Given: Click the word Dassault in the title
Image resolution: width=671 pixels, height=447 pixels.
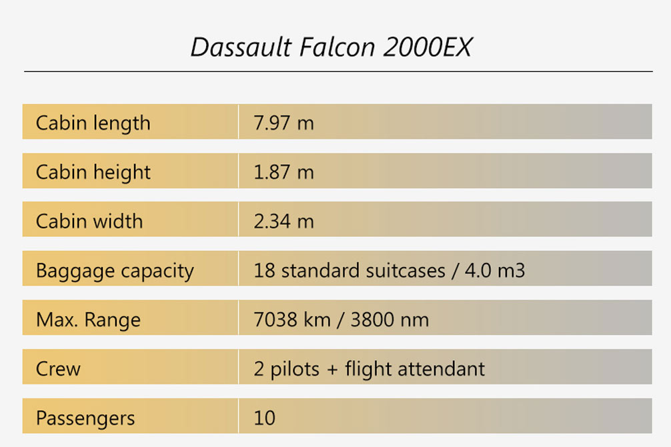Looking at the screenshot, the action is (x=241, y=47).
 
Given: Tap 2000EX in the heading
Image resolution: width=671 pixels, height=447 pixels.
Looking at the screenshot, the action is (x=428, y=47).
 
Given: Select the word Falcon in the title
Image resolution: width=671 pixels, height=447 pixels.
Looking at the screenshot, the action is (x=338, y=47).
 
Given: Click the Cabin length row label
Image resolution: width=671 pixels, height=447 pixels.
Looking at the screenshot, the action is (x=93, y=123).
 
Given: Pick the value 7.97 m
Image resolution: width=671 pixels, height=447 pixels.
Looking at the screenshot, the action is (x=283, y=123).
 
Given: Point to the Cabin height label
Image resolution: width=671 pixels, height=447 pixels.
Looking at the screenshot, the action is (x=93, y=173).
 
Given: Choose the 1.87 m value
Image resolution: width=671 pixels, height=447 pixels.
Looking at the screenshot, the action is (x=283, y=172).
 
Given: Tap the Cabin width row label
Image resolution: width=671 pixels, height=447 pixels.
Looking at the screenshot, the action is (x=89, y=221).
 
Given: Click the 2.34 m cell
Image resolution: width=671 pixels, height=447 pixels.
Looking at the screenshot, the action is (x=283, y=221).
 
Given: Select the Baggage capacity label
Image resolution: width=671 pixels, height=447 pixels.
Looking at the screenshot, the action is (x=115, y=271).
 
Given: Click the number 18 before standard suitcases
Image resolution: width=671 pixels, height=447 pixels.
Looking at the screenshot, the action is (x=264, y=271).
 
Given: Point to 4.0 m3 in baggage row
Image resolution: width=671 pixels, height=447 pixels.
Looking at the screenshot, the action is (x=495, y=271).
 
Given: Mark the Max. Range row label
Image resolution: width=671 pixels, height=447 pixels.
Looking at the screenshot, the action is (x=88, y=320).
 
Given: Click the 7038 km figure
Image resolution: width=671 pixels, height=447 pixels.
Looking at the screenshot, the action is (x=292, y=320).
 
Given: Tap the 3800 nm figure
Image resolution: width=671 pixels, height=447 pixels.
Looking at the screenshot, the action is (x=390, y=320).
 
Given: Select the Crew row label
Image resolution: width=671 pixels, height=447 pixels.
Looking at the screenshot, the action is (x=58, y=369).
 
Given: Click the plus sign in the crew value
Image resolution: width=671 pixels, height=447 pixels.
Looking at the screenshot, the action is (x=332, y=370).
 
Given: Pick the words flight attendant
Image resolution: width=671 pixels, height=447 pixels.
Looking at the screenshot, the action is (x=415, y=369).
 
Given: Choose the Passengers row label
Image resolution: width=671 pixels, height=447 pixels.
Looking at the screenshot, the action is (x=85, y=418).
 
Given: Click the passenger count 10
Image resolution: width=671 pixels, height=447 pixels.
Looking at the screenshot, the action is (x=264, y=418).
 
